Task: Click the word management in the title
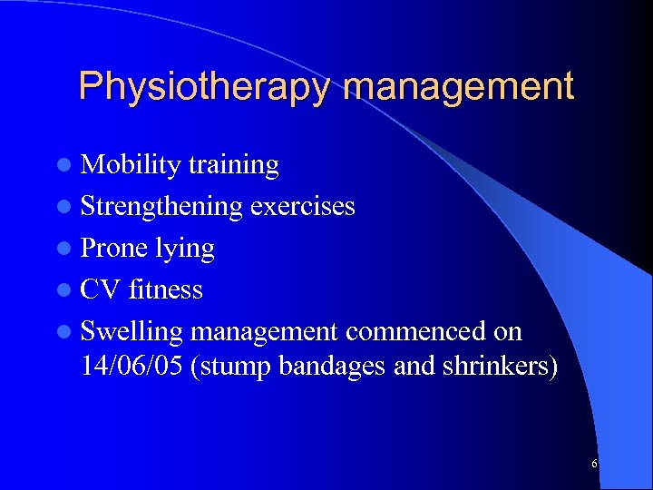pos(460,88)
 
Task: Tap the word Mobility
pos(131,165)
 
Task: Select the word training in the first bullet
pos(233,165)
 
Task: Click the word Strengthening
pos(161,207)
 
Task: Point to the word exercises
pos(302,207)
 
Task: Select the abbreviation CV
pos(101,290)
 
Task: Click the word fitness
pos(165,290)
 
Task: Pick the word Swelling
pos(132,332)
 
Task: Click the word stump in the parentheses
pos(227,368)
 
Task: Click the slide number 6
pos(594,465)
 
